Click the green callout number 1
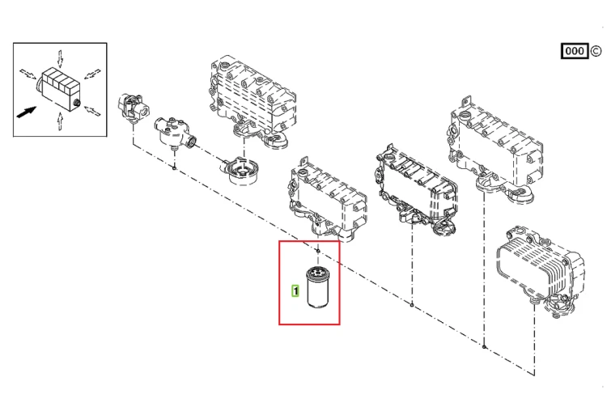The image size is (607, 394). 295,290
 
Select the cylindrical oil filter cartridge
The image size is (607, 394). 317,287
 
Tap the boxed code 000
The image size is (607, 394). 575,51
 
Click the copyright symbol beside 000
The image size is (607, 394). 596,51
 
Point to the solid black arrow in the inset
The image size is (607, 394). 27,112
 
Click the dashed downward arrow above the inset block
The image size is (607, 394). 60,58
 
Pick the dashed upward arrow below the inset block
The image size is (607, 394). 60,121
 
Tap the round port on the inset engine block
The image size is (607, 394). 76,103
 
